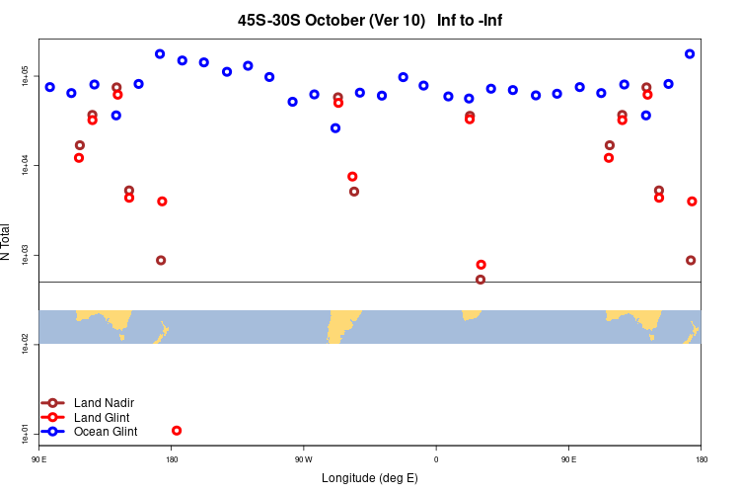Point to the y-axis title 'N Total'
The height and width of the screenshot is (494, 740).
pyautogui.click(x=8, y=242)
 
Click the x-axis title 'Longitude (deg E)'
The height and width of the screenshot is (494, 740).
pyautogui.click(x=370, y=478)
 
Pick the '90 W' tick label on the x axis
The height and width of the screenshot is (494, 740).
pyautogui.click(x=303, y=458)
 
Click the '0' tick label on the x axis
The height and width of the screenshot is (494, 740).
pyautogui.click(x=436, y=458)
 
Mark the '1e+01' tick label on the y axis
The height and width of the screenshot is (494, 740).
pyautogui.click(x=27, y=433)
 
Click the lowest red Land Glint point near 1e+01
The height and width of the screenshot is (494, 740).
pyautogui.click(x=177, y=431)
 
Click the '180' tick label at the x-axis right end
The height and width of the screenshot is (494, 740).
pyautogui.click(x=701, y=458)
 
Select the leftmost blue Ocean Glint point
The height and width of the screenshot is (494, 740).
pyautogui.click(x=50, y=87)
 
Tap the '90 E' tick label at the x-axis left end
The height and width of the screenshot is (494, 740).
pyautogui.click(x=39, y=458)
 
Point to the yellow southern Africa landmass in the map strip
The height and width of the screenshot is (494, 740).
pyautogui.click(x=472, y=314)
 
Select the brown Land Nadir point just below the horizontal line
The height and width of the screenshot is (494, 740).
pyautogui.click(x=481, y=280)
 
